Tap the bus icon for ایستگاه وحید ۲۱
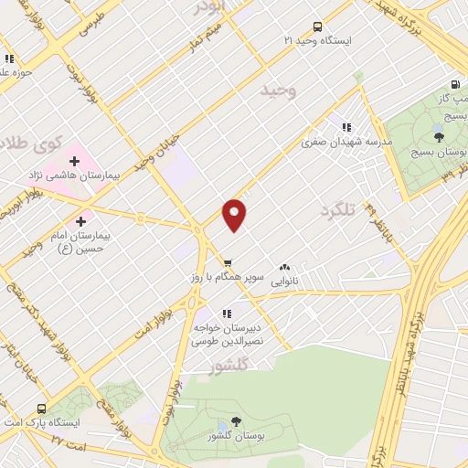point(317,27)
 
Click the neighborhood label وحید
point(279,90)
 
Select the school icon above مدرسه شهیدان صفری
point(346,128)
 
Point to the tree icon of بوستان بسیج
point(440,137)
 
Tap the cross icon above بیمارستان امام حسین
point(81,220)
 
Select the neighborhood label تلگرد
point(335,211)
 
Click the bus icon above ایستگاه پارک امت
point(41,409)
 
